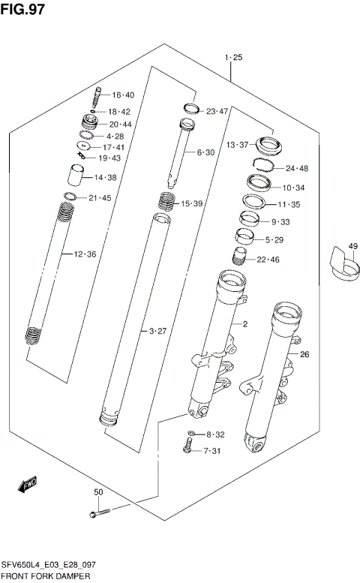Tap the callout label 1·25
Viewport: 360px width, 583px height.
232,58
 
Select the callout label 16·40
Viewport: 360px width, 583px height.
123,95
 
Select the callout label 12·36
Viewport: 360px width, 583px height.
85,254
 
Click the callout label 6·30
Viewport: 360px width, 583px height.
205,152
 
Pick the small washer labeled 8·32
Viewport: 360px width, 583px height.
191,434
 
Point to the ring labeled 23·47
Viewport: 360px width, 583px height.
190,108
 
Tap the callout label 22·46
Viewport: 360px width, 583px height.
268,260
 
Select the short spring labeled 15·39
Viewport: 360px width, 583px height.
166,202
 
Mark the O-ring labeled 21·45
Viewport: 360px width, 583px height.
70,198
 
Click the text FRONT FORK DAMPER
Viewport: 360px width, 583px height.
46,575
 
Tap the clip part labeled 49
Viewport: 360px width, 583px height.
342,269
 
